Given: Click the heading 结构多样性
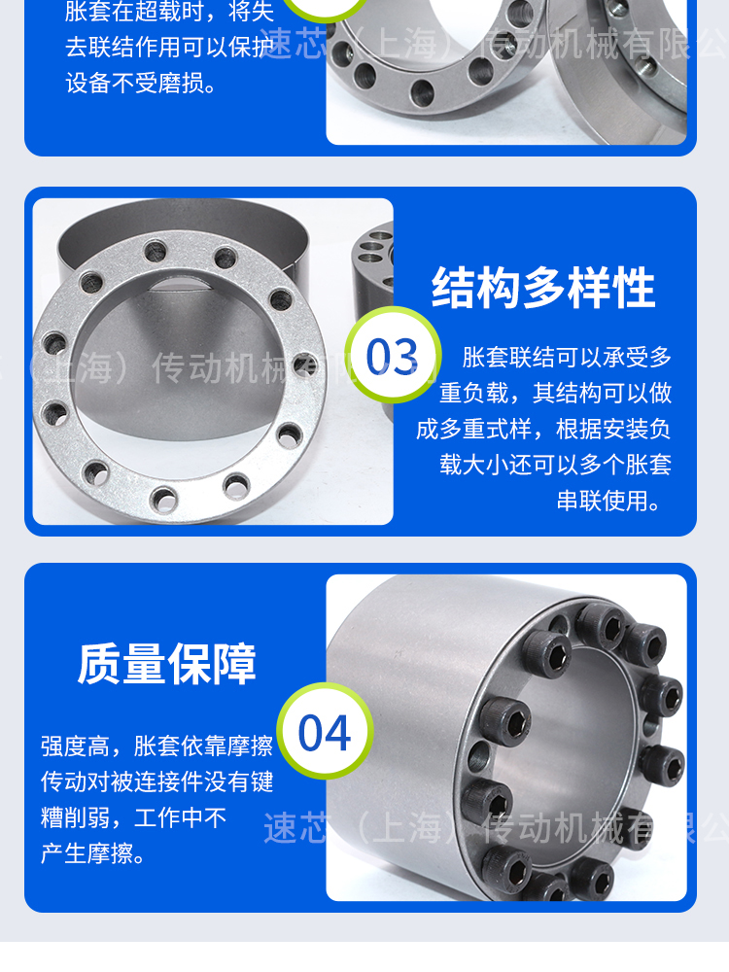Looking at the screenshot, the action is [543, 288].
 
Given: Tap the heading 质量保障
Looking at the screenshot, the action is [167, 664].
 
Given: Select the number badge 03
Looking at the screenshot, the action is [393, 356].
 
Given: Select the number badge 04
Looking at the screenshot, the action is [325, 732].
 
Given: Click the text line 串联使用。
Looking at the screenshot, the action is [608, 501].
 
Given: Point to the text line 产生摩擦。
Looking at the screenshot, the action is [93, 853].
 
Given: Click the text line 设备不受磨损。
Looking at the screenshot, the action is [141, 83].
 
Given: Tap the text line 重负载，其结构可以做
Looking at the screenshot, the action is [556, 393].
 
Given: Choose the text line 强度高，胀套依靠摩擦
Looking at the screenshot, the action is [156, 746].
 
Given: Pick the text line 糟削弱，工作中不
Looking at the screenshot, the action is [133, 817].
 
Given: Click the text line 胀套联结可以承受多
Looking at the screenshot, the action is [568, 357].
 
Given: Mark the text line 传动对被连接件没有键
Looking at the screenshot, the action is [156, 781].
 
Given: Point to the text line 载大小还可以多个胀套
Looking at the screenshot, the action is [556, 465].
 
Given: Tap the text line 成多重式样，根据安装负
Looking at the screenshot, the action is [543, 429].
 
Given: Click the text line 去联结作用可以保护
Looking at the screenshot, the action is [169, 47].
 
